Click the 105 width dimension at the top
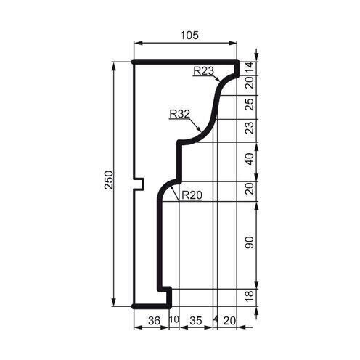point(187,35)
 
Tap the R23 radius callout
point(203,71)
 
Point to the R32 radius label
point(179,114)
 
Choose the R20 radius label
point(191,195)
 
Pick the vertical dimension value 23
point(250,129)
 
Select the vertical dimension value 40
point(250,159)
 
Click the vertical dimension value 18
point(250,297)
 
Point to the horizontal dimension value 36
point(152,319)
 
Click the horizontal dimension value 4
point(216,319)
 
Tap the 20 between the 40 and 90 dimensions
point(250,188)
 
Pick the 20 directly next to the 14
point(250,82)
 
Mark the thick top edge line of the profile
point(186,62)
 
